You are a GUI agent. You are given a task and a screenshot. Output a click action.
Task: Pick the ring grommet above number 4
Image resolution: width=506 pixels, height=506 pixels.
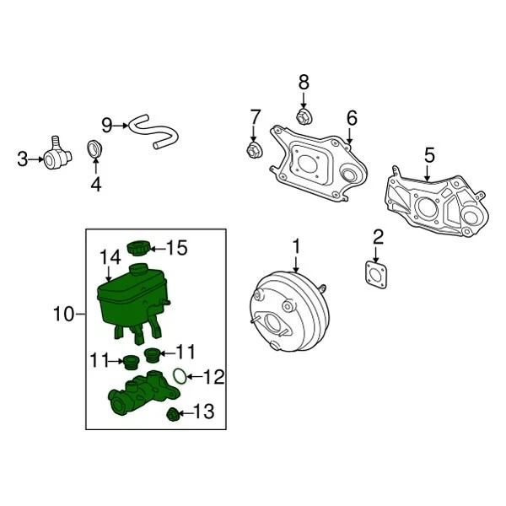click(96, 150)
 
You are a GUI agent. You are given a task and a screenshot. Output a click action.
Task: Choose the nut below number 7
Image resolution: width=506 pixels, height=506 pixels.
click(251, 151)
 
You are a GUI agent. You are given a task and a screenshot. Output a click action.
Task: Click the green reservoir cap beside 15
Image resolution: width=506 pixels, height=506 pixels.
click(138, 248)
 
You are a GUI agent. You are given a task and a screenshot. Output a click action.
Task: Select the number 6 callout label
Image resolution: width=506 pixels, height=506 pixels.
click(352, 117)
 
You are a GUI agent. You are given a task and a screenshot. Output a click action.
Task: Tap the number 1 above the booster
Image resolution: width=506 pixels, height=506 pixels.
click(296, 245)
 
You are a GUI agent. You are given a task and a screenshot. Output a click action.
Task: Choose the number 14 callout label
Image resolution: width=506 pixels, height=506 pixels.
click(110, 256)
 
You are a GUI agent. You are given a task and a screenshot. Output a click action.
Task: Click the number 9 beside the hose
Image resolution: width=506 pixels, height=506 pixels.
click(107, 126)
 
